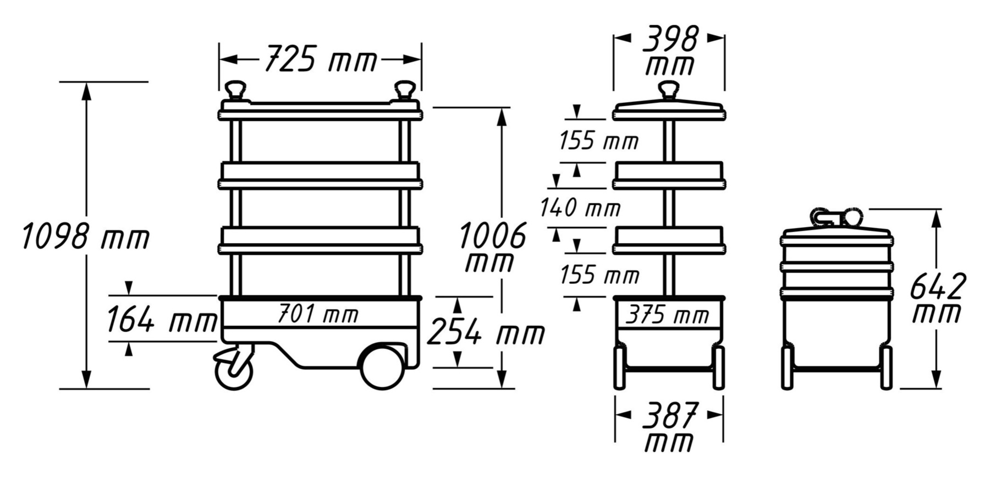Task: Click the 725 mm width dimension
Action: point(321,59)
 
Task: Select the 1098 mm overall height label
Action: point(85,237)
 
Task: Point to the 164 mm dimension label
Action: point(161,320)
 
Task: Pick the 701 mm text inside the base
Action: point(317,315)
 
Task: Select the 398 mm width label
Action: point(669,51)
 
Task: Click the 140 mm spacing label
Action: point(580,208)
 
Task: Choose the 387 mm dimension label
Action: point(669,426)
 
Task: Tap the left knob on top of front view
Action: point(236,90)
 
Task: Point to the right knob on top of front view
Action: point(405,90)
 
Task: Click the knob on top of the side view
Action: point(669,90)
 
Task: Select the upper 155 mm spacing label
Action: point(598,141)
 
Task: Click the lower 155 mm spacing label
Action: point(599,274)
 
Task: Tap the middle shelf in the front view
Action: point(321,176)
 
